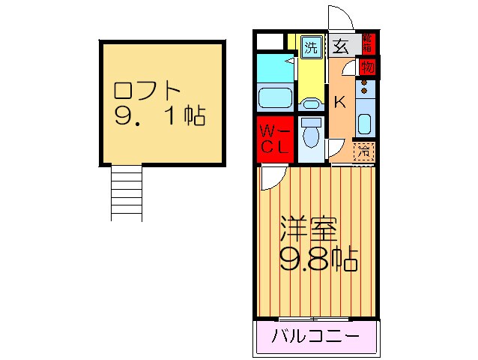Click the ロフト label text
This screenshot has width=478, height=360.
coord(147,91)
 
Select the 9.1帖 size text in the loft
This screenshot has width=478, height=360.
coord(160,117)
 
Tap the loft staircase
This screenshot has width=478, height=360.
coord(126,192)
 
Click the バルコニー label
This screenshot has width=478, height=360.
coord(315,335)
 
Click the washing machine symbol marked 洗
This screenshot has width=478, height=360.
coord(310,46)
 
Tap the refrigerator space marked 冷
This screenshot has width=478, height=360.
coord(363,150)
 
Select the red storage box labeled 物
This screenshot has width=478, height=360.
coord(367,67)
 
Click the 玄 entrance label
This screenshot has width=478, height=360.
coord(339,46)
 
